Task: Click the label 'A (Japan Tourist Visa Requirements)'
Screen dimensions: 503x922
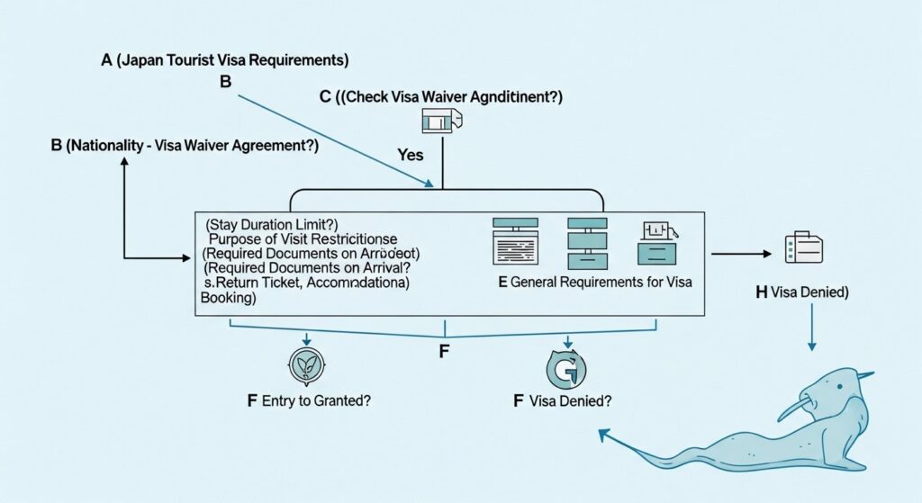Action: pyautogui.click(x=224, y=61)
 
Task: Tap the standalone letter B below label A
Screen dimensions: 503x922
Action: pyautogui.click(x=226, y=82)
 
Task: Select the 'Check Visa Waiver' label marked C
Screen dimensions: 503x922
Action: pyautogui.click(x=447, y=96)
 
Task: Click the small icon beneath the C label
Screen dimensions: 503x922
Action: pyautogui.click(x=441, y=121)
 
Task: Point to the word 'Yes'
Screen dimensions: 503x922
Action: pyautogui.click(x=410, y=155)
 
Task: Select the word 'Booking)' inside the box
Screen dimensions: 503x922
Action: pyautogui.click(x=230, y=298)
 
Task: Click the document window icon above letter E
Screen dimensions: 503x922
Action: pyautogui.click(x=515, y=240)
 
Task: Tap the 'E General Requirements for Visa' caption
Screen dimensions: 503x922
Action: pyautogui.click(x=594, y=283)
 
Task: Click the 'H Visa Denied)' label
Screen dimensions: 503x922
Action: pyautogui.click(x=802, y=292)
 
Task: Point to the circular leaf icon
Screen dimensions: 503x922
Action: pyautogui.click(x=306, y=368)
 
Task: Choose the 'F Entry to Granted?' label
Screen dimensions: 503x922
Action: pyautogui.click(x=311, y=401)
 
